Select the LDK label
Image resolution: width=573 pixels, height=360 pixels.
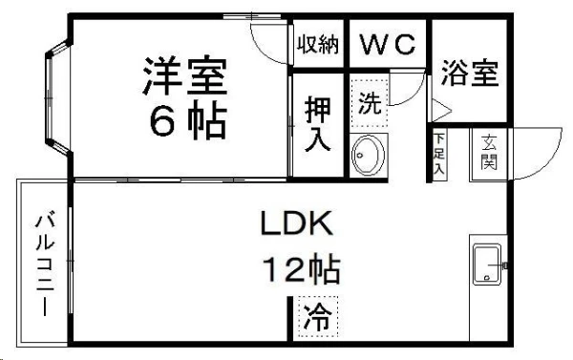[297, 225]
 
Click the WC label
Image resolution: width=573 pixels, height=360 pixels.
[388, 45]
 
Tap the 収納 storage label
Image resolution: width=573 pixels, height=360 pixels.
[317, 45]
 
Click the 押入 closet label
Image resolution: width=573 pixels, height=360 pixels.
[317, 124]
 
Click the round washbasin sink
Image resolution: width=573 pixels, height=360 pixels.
[368, 156]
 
